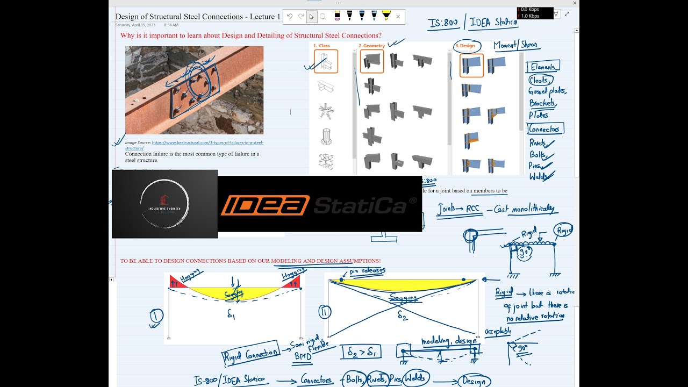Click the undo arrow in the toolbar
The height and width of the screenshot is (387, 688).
pyautogui.click(x=290, y=17)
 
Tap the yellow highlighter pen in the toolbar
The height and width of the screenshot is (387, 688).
pyautogui.click(x=386, y=16)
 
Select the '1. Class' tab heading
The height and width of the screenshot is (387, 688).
pyautogui.click(x=322, y=46)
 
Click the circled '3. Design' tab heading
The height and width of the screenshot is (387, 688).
pyautogui.click(x=467, y=46)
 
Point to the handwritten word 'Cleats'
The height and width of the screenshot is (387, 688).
pyautogui.click(x=540, y=80)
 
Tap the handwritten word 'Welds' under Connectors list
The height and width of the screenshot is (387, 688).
pyautogui.click(x=539, y=176)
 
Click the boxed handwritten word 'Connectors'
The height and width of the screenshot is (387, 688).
pyautogui.click(x=545, y=129)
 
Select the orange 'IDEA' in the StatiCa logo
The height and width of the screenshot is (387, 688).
pyautogui.click(x=264, y=205)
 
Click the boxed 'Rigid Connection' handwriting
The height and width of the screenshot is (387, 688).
pyautogui.click(x=250, y=353)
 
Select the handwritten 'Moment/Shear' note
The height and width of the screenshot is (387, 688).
pyautogui.click(x=515, y=45)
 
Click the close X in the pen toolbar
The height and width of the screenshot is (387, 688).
pyautogui.click(x=398, y=17)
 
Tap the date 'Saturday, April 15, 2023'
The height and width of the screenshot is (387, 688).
pyautogui.click(x=135, y=25)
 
